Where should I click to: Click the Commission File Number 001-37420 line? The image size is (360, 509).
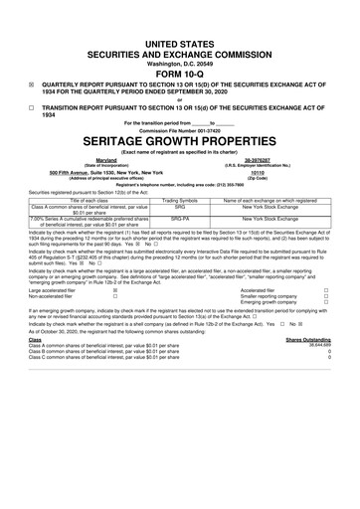pyautogui.click(x=180, y=129)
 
